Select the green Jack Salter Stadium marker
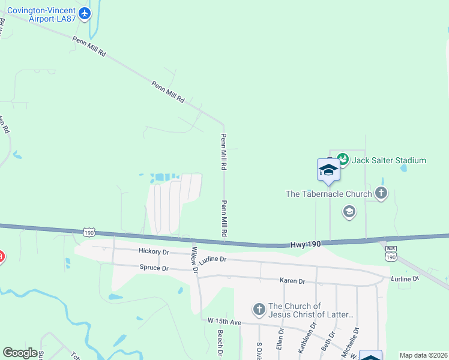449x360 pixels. (x=342, y=159)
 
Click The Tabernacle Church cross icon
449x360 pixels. (x=381, y=193)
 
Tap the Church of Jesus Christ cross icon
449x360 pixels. (x=259, y=310)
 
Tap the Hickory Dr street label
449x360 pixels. (x=154, y=251)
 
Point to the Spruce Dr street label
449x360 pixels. (x=154, y=268)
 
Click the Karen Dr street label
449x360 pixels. (x=292, y=281)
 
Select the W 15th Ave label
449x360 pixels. (x=223, y=323)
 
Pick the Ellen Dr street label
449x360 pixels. (x=280, y=338)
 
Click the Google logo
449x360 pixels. (x=20, y=352)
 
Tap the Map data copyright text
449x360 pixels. (x=423, y=355)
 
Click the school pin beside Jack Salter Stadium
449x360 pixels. (x=329, y=170)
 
